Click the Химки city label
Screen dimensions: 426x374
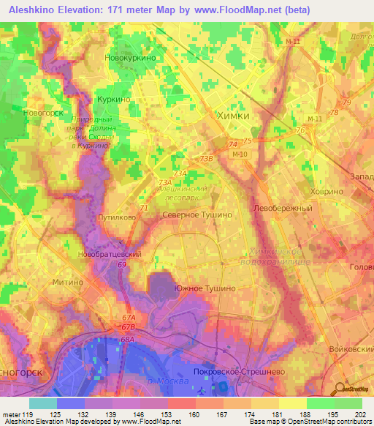234,116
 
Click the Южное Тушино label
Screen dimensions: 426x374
205,288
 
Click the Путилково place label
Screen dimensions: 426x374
115,217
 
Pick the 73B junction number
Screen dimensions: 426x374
207,157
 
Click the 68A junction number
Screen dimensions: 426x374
129,340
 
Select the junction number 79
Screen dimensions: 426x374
346,102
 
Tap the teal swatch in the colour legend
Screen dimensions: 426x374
43,403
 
